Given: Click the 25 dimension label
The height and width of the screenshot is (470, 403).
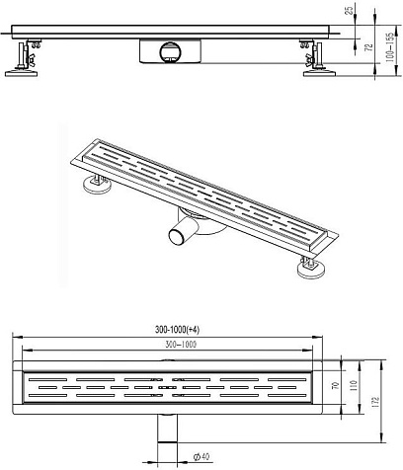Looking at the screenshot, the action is point(350,9).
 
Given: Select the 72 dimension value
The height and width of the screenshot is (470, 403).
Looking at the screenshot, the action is point(369,47).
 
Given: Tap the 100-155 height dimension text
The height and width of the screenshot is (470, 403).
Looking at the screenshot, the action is point(389,47).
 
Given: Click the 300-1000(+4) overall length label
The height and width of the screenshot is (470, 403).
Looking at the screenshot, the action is point(177,330).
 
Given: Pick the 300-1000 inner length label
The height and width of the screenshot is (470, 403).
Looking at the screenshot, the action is point(180,345).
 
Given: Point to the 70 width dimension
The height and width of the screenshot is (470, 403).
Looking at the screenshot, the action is point(336,385).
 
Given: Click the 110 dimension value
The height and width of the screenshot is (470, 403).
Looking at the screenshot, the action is point(354,385).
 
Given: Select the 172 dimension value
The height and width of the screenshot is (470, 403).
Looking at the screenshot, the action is point(376,401).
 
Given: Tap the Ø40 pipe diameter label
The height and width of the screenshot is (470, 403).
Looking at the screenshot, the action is point(201,456).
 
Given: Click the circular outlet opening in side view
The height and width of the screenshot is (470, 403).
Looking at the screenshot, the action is point(170,52).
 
